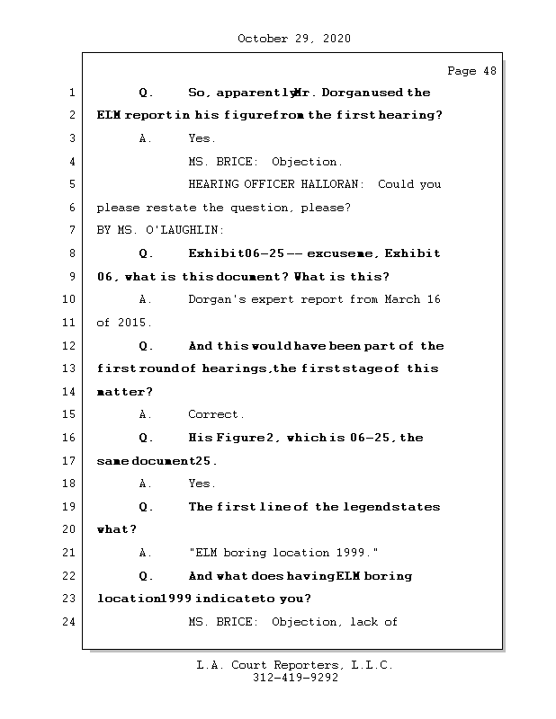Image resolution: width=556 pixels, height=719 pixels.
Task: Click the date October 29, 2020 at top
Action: point(293,39)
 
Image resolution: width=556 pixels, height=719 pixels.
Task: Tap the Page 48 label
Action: point(471,71)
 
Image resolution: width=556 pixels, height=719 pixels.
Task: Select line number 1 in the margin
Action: point(71,93)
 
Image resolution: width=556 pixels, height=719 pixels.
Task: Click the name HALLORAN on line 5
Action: point(337,184)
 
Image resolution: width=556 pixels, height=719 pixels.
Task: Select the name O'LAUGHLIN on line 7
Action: point(174,231)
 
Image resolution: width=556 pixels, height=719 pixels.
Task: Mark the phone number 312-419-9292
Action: point(295,679)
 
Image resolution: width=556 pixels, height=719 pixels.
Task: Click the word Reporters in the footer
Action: point(298,666)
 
